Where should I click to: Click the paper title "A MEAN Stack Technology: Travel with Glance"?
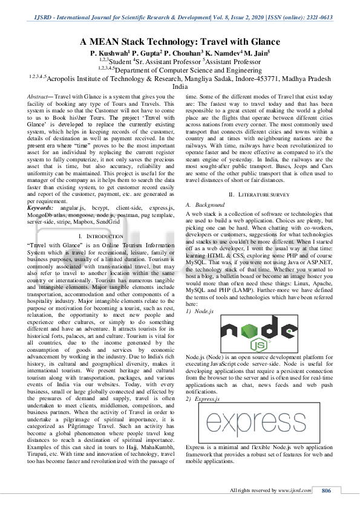[x=180, y=42]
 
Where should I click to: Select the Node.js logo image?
[x=250, y=333]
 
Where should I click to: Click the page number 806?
[x=326, y=490]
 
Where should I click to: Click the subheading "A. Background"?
[x=205, y=205]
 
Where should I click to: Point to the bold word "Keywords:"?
[x=40, y=207]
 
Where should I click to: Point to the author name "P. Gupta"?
[x=141, y=53]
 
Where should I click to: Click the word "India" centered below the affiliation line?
[x=180, y=87]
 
